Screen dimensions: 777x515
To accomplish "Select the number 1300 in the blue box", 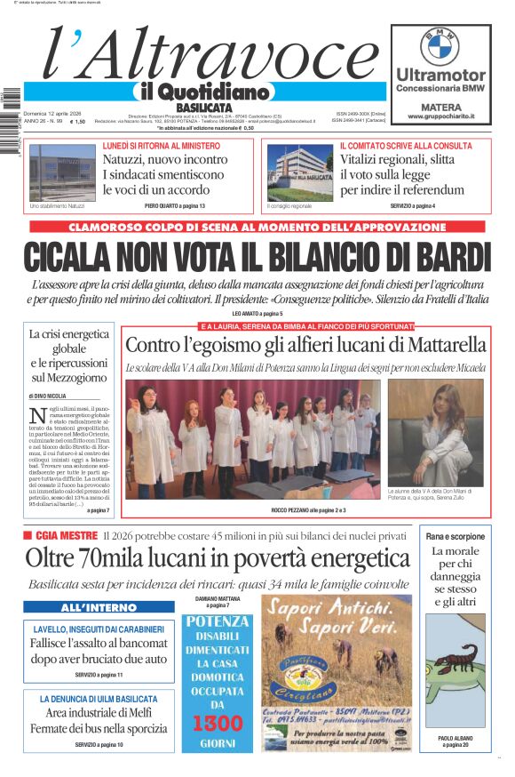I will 216,722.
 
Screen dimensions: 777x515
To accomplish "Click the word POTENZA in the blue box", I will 216,621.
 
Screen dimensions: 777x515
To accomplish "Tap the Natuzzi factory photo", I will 62,172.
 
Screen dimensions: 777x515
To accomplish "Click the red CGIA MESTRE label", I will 66,535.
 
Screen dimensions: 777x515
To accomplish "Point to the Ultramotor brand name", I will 440,75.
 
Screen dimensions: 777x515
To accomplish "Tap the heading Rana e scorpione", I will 456,536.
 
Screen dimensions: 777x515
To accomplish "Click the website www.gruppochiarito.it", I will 440,116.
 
